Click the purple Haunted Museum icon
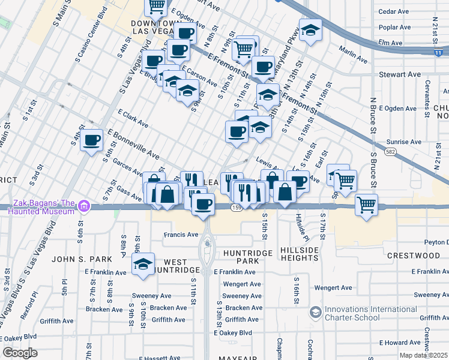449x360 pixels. pyautogui.click(x=83, y=207)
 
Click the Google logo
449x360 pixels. pyautogui.click(x=20, y=353)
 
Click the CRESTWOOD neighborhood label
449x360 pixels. pyautogui.click(x=414, y=256)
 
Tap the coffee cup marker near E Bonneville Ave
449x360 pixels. pyautogui.click(x=91, y=141)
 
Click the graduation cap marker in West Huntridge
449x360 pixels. pyautogui.click(x=143, y=265)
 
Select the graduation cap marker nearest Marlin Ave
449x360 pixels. pyautogui.click(x=310, y=30)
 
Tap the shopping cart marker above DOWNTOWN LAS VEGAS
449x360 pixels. pyautogui.click(x=157, y=6)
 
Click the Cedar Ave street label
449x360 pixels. pyautogui.click(x=394, y=11)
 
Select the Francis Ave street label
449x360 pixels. pyautogui.click(x=181, y=235)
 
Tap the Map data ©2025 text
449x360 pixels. pyautogui.click(x=424, y=355)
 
